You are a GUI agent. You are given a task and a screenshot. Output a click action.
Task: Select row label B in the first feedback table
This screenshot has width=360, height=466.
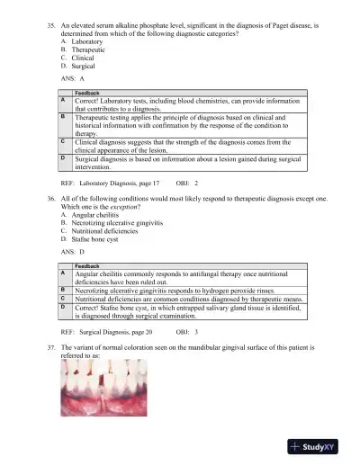[x=62, y=116]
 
